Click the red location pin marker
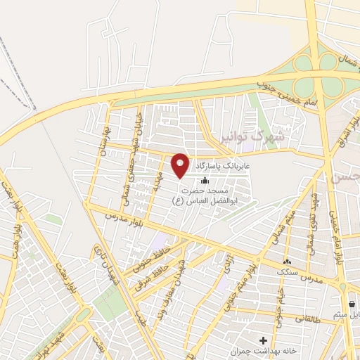pyautogui.click(x=181, y=165)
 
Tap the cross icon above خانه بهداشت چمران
pyautogui.click(x=263, y=340)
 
